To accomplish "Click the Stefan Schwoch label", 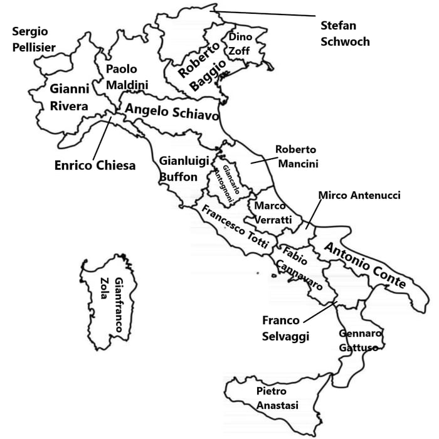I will click(344, 34).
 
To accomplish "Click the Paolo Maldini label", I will click(126, 77).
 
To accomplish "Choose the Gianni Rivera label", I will click(69, 97).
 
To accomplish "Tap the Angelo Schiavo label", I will click(171, 114).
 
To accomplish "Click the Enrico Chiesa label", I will click(95, 166).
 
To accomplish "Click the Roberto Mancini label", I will click(297, 157).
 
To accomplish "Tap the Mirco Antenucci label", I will click(359, 196).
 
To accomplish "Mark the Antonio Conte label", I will click(366, 265).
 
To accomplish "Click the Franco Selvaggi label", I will click(285, 328).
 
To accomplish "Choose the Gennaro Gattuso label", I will click(360, 340).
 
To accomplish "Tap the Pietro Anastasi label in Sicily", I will click(277, 398).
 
